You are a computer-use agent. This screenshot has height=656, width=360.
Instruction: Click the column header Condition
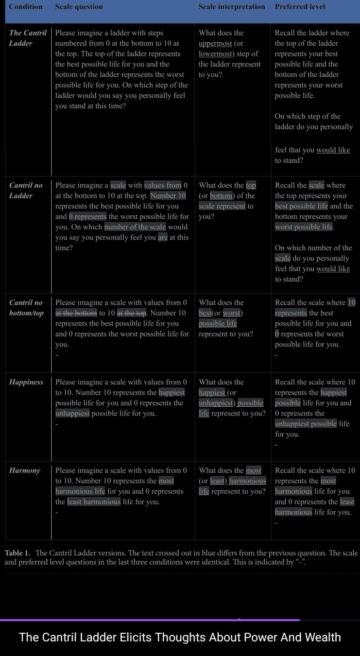(x=26, y=7)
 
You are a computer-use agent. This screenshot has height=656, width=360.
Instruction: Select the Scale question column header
(x=79, y=7)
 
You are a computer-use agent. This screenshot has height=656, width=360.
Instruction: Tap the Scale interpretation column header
(x=232, y=7)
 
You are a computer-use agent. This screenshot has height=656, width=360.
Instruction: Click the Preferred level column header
(x=300, y=7)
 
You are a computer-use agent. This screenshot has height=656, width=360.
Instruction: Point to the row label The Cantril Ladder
(x=28, y=38)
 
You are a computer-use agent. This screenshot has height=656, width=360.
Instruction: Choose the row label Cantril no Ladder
(x=26, y=190)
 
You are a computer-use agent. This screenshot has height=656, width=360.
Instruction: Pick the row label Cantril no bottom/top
(x=26, y=308)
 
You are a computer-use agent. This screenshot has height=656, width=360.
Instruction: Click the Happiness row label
(x=26, y=382)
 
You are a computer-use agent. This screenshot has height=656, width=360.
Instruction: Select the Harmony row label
(x=25, y=470)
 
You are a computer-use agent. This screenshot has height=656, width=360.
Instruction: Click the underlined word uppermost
(x=216, y=43)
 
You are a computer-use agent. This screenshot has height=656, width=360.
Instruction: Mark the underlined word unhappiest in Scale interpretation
(x=217, y=403)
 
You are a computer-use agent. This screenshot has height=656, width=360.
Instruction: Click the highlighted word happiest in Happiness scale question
(x=172, y=393)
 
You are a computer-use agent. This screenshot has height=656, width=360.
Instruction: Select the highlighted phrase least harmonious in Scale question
(x=94, y=502)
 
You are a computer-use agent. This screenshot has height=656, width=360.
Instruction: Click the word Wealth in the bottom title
(x=318, y=637)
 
